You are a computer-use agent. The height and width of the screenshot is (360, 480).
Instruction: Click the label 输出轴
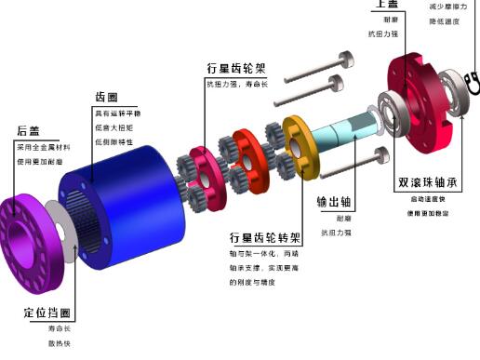[x=334, y=200]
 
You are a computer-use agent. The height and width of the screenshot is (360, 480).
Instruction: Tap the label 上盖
[x=388, y=6]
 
